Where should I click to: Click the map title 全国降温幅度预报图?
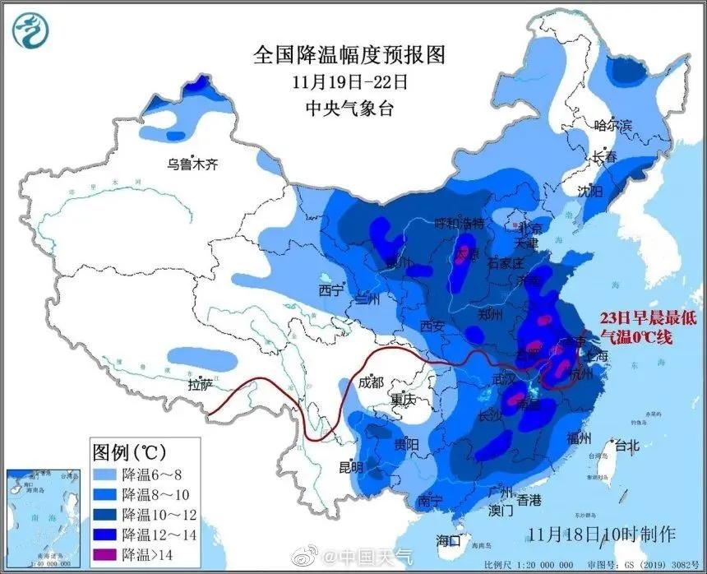[x=349, y=55]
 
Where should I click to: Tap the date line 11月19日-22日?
[x=349, y=82]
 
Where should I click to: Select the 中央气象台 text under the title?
[x=349, y=109]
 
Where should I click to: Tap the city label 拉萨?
[x=200, y=384]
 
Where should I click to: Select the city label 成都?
[x=371, y=382]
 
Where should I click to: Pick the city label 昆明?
[x=351, y=467]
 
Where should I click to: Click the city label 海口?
[x=449, y=540]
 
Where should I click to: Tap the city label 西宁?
[x=330, y=290]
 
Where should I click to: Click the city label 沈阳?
[x=589, y=191]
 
